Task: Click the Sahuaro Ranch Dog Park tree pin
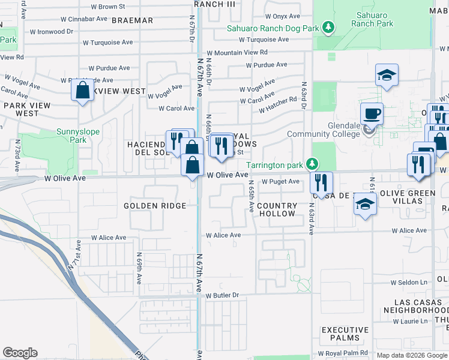[328, 28]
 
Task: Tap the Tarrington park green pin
[311, 164]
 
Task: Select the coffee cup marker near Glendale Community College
[372, 113]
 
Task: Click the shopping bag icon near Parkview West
[82, 91]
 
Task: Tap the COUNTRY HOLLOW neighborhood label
[277, 209]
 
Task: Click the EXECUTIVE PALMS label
[345, 334]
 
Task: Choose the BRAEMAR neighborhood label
[133, 20]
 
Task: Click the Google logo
[20, 352]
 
